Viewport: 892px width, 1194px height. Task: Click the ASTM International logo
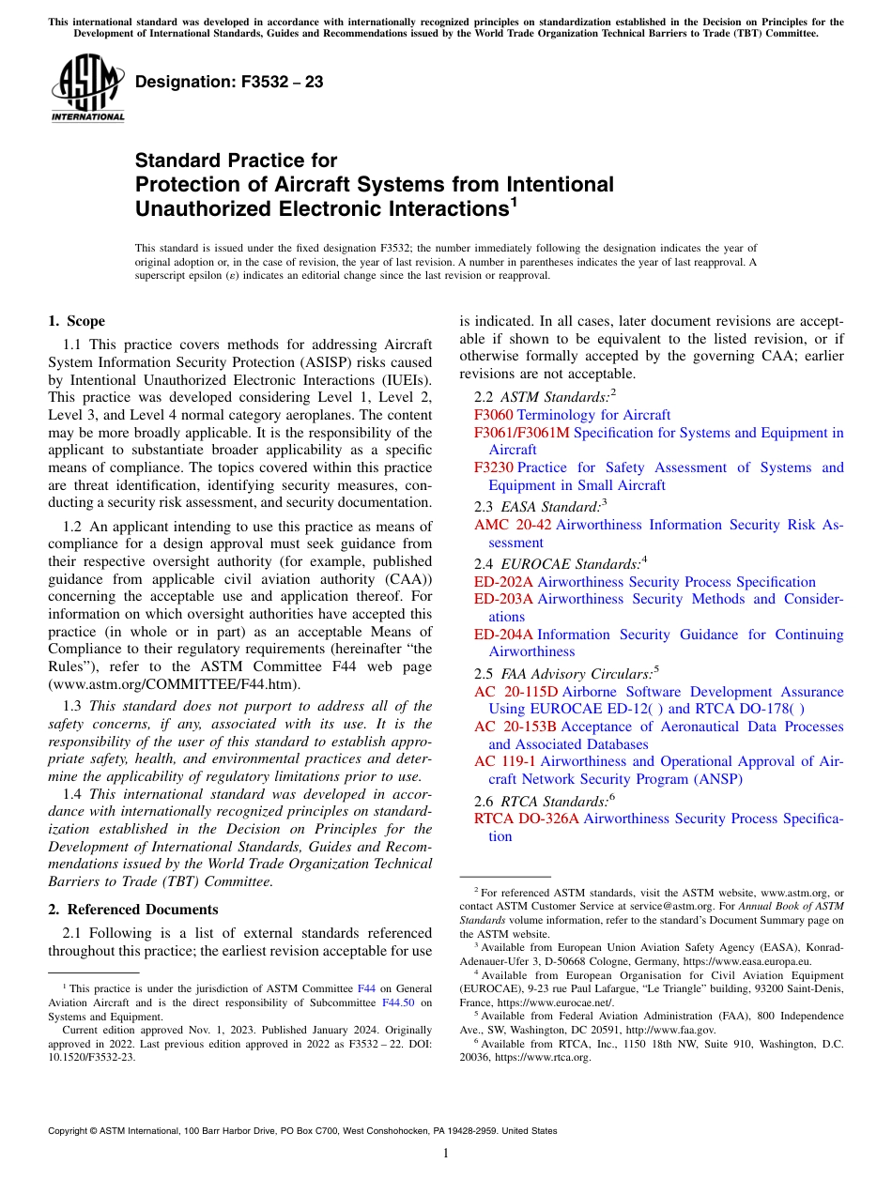87,88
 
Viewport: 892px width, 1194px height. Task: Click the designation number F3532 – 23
229,83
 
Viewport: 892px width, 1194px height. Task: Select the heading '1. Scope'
77,321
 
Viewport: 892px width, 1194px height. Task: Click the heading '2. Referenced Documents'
133,910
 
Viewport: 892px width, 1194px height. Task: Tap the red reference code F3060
493,415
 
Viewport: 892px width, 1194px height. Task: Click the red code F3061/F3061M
522,433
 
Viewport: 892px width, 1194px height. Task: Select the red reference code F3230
493,467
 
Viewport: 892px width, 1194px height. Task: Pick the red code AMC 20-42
513,526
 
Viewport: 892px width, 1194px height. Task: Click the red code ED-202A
503,582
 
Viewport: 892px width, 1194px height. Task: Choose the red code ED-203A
503,599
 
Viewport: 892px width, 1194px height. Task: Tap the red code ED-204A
503,635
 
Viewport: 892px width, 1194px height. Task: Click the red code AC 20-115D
516,692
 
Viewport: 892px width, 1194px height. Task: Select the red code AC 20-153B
515,727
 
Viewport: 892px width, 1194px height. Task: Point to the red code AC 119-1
505,761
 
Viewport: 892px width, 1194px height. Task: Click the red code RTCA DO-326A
527,819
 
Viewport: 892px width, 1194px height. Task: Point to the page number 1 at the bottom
446,1154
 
